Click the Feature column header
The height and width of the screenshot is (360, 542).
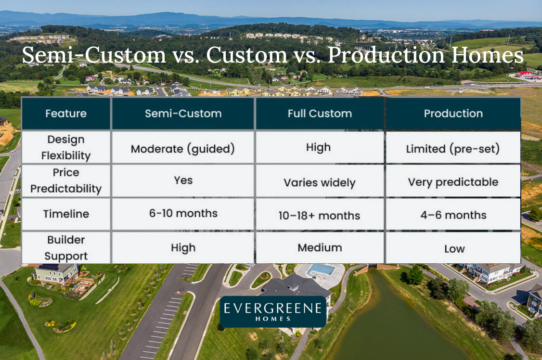pyautogui.click(x=66, y=113)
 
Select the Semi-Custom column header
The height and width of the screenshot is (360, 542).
pyautogui.click(x=183, y=113)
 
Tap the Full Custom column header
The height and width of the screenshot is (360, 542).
pyautogui.click(x=320, y=113)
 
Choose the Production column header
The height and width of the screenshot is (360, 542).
pyautogui.click(x=453, y=113)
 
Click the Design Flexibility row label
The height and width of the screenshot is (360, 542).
pyautogui.click(x=66, y=147)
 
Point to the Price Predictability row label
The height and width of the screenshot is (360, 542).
pyautogui.click(x=66, y=180)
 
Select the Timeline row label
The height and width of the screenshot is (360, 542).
pyautogui.click(x=66, y=214)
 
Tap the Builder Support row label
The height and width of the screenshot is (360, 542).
pyautogui.click(x=66, y=248)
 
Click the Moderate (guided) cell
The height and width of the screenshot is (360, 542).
pyautogui.click(x=183, y=149)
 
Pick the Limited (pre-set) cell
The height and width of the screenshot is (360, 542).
pyautogui.click(x=453, y=149)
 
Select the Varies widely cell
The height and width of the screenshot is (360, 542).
pyautogui.click(x=320, y=182)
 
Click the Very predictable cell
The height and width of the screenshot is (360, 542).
pyautogui.click(x=453, y=182)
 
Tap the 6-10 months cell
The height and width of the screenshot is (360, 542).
pyautogui.click(x=183, y=213)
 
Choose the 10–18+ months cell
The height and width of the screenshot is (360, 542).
pyautogui.click(x=320, y=216)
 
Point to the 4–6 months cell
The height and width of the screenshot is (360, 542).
pyautogui.click(x=453, y=215)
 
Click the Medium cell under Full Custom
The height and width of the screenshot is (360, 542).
pyautogui.click(x=320, y=247)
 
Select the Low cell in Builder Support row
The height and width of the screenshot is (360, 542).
pyautogui.click(x=454, y=249)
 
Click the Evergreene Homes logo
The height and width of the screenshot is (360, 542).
pyautogui.click(x=273, y=312)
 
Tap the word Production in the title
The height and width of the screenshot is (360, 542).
pyautogui.click(x=386, y=54)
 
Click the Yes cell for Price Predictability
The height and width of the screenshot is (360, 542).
pyautogui.click(x=183, y=180)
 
